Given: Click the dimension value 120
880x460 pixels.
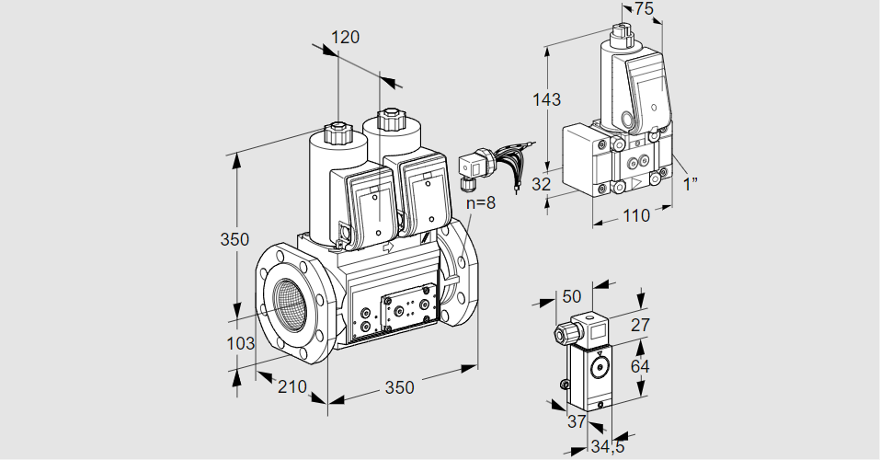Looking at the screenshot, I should (x=346, y=38).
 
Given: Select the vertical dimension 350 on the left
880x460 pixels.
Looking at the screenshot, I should (x=234, y=240).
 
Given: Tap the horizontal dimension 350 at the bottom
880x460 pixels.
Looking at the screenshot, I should (x=399, y=387).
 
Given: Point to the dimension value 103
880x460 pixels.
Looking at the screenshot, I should (x=241, y=343).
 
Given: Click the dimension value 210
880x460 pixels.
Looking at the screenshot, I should (x=291, y=386).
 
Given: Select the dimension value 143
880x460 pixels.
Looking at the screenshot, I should (x=546, y=99).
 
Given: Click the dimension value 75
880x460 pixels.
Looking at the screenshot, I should (x=644, y=8).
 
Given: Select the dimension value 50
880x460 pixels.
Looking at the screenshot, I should (x=572, y=295).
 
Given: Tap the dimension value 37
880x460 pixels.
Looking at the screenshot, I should (x=576, y=421).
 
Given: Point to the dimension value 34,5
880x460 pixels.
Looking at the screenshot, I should (x=607, y=448).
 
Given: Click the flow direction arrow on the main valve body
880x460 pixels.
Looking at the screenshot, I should (x=386, y=247).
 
